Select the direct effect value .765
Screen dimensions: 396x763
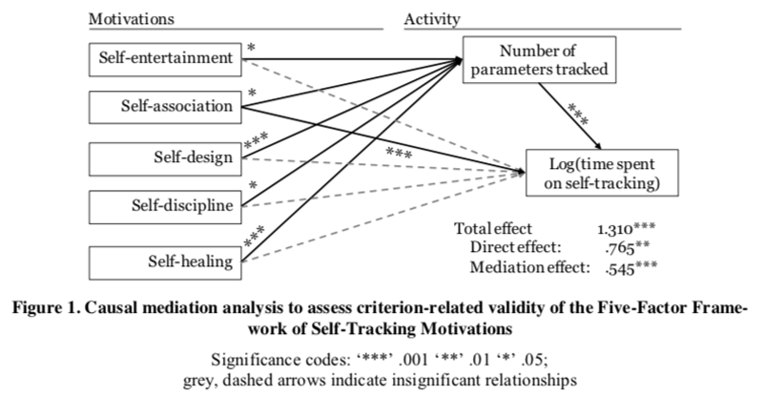621,248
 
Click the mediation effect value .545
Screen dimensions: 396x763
621,266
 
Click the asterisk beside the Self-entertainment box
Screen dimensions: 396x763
250,46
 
